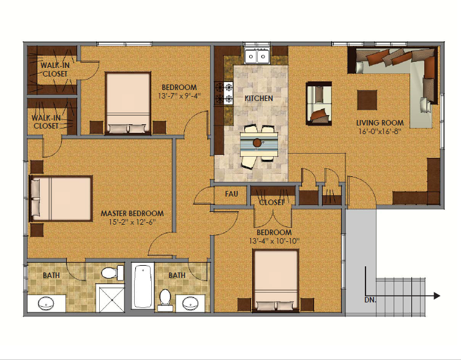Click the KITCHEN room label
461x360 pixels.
[259, 98]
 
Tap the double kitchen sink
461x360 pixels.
[257, 56]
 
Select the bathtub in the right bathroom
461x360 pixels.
[143, 285]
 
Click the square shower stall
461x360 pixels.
[110, 298]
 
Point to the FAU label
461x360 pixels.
[231, 194]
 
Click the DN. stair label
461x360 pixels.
[370, 300]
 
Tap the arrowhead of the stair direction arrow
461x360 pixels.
[437, 296]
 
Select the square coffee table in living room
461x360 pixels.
[367, 100]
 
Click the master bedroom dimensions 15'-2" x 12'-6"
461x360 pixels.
[132, 222]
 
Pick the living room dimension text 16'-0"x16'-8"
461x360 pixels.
[380, 131]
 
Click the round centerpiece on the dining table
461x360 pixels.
[257, 143]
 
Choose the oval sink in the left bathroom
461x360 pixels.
[46, 303]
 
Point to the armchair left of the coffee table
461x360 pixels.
[319, 103]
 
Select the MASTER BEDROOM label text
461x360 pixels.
[132, 214]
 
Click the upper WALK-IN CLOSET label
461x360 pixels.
[55, 69]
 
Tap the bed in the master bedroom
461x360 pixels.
[61, 198]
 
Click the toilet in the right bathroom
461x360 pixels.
[165, 300]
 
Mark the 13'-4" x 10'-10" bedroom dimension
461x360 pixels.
[274, 241]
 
